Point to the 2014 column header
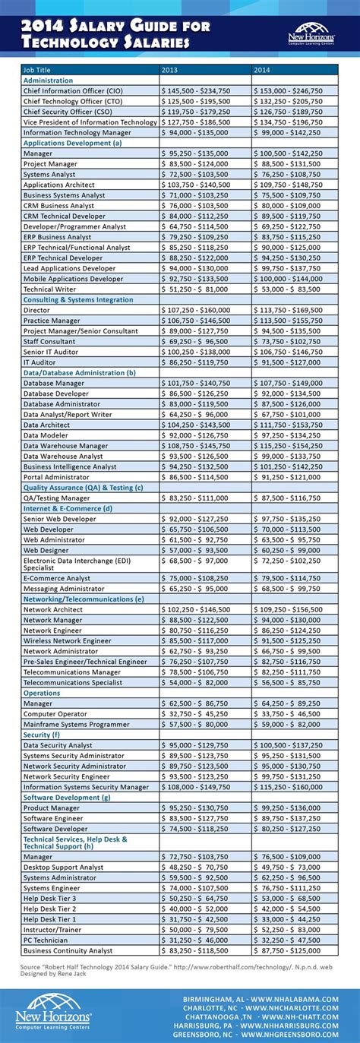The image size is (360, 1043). [x=262, y=70]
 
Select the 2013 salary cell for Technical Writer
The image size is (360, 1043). [x=195, y=289]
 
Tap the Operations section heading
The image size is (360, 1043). [x=42, y=693]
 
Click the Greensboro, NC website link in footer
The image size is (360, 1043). [x=263, y=1034]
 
